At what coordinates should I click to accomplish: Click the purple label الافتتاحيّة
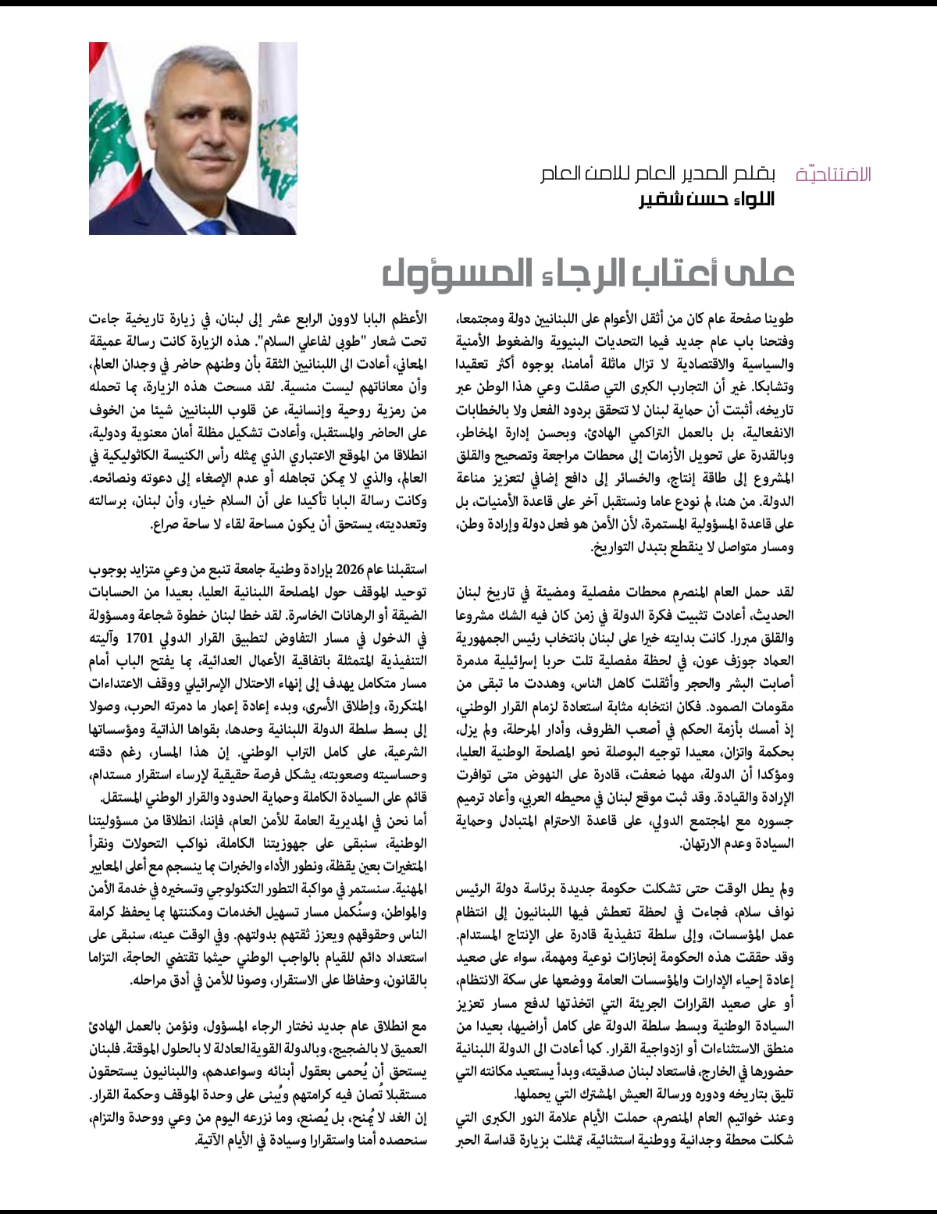pos(833,174)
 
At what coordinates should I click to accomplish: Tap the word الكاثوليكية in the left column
pos(157,457)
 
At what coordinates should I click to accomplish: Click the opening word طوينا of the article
pos(776,319)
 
